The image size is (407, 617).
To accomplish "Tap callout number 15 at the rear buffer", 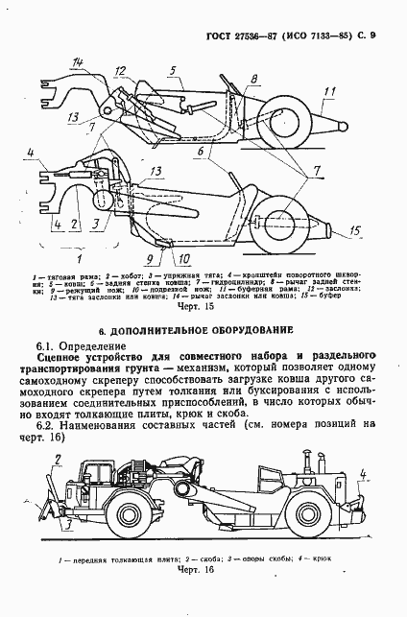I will tap(354, 230).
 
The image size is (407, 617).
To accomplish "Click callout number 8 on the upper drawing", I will tap(254, 79).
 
